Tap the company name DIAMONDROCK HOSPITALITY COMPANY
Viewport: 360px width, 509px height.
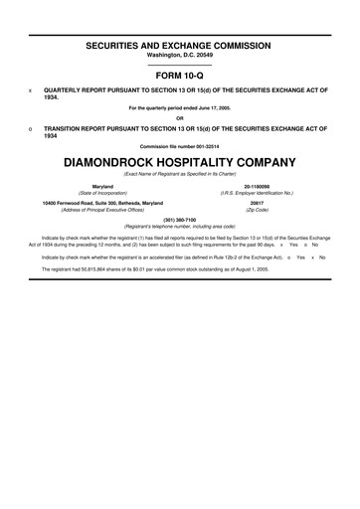click(180, 161)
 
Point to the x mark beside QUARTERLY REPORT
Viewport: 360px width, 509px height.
click(32, 87)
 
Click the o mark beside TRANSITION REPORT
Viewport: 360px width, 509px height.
click(32, 128)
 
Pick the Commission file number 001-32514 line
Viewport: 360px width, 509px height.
click(180, 147)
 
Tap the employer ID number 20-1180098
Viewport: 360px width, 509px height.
click(258, 186)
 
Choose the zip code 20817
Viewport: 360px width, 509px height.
click(258, 202)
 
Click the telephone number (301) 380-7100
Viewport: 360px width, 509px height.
click(180, 219)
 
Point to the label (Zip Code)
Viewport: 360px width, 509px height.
click(258, 210)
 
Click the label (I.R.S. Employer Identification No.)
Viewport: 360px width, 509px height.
click(258, 193)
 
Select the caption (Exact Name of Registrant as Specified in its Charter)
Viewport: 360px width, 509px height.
click(180, 174)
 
